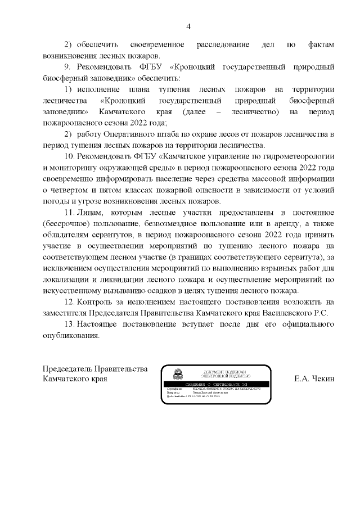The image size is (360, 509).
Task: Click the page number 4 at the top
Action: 188,26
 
